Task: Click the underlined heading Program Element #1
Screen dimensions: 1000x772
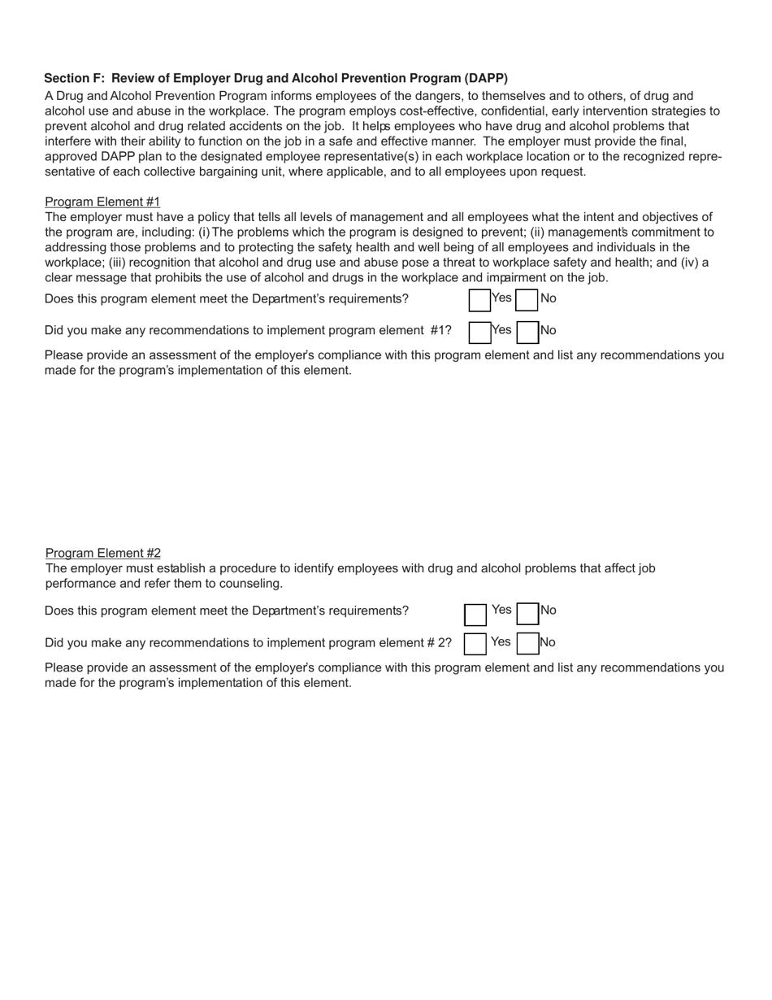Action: (x=102, y=202)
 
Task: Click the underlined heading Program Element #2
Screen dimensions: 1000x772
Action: (x=102, y=553)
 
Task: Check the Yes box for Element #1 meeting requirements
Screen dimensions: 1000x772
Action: (x=479, y=300)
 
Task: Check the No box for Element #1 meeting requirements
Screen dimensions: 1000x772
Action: (x=527, y=300)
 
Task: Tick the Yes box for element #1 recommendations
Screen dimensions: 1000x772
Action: (x=479, y=332)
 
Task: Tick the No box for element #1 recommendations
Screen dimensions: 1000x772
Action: (x=527, y=332)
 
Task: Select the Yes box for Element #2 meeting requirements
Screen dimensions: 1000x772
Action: (x=475, y=614)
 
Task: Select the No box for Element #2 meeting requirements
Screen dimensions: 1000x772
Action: (x=528, y=612)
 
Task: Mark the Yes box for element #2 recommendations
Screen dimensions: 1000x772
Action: (x=475, y=644)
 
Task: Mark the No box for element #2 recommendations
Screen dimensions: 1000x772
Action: (x=528, y=644)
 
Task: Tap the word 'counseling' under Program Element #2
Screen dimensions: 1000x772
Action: (x=253, y=584)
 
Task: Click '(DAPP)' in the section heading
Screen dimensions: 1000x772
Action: (x=486, y=78)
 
